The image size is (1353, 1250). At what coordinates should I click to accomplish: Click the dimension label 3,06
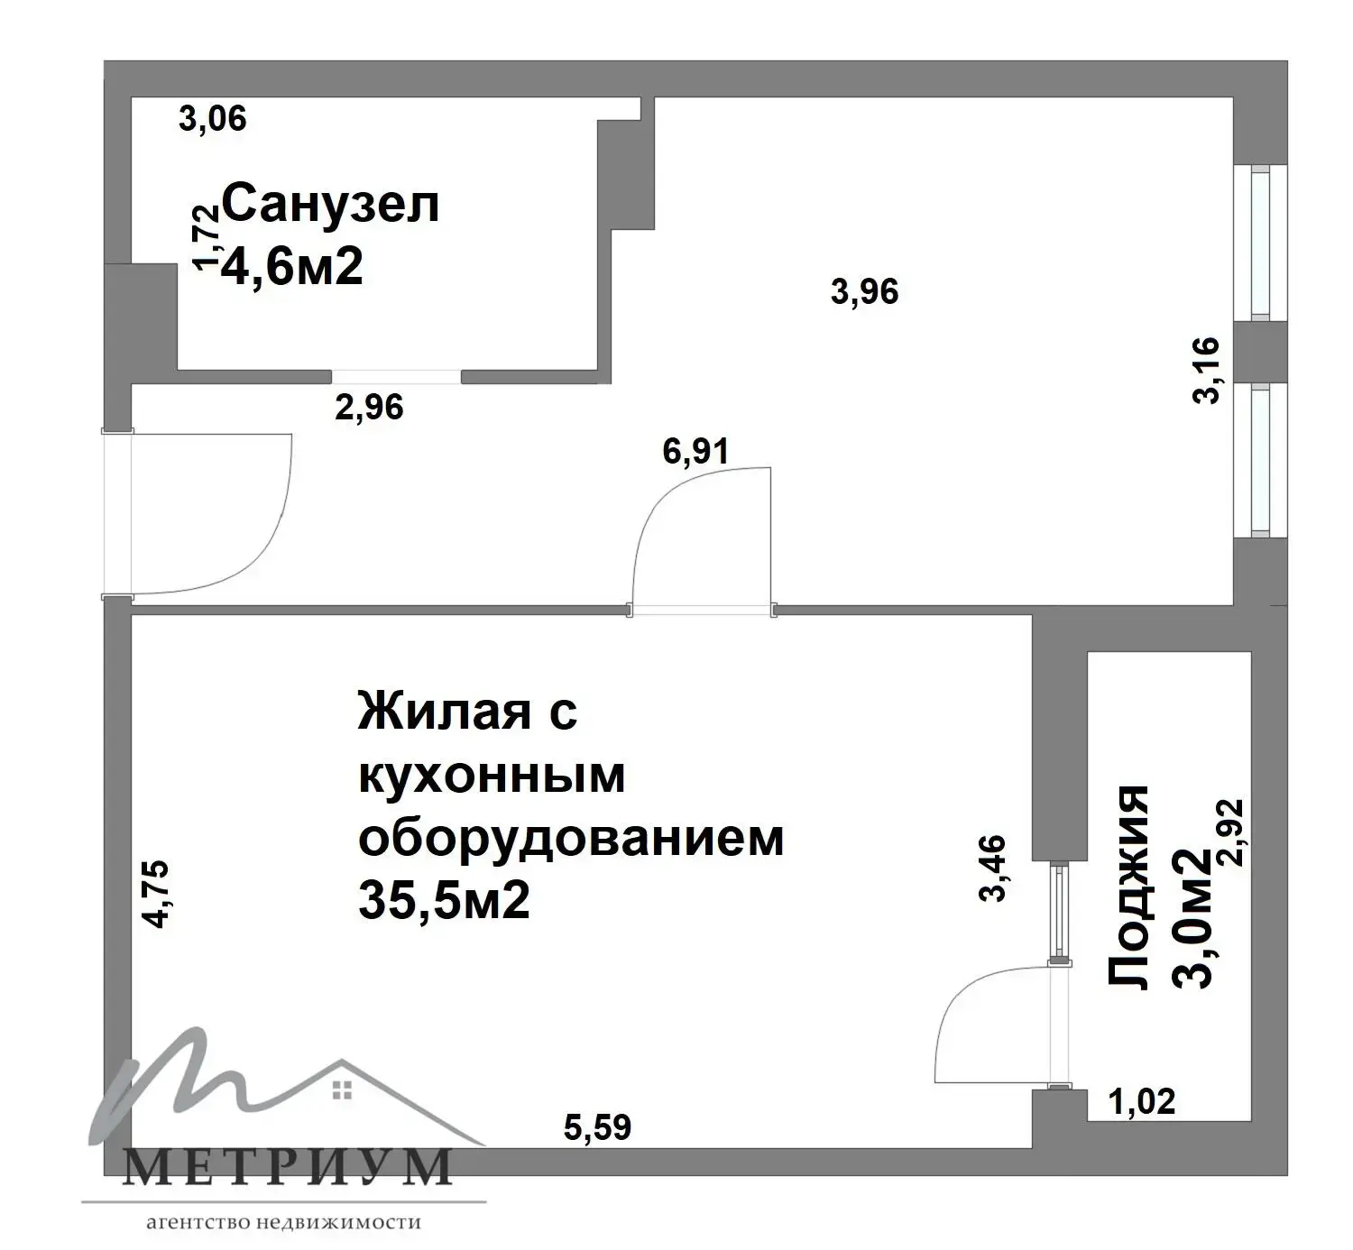pyautogui.click(x=213, y=118)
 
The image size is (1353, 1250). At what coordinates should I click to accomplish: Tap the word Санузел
pyautogui.click(x=330, y=204)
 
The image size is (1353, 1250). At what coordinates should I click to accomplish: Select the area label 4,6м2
pyautogui.click(x=291, y=266)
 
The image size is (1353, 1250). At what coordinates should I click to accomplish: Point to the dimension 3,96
pyautogui.click(x=864, y=291)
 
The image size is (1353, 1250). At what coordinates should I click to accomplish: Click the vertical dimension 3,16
pyautogui.click(x=1206, y=371)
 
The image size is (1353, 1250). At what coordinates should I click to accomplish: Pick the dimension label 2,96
pyautogui.click(x=369, y=408)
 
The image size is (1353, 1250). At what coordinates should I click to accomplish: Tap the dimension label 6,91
pyautogui.click(x=695, y=451)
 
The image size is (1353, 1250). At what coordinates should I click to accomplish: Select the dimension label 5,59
pyautogui.click(x=597, y=1127)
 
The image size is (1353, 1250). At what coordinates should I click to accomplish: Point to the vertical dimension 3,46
pyautogui.click(x=992, y=868)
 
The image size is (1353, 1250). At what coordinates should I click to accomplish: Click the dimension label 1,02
pyautogui.click(x=1143, y=1101)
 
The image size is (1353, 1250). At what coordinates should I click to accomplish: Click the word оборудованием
pyautogui.click(x=571, y=839)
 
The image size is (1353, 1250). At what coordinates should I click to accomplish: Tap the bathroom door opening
pyautogui.click(x=397, y=377)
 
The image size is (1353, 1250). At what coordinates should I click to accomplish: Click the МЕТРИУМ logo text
pyautogui.click(x=287, y=1167)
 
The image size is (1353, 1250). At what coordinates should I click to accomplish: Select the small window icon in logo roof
pyautogui.click(x=341, y=1090)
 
